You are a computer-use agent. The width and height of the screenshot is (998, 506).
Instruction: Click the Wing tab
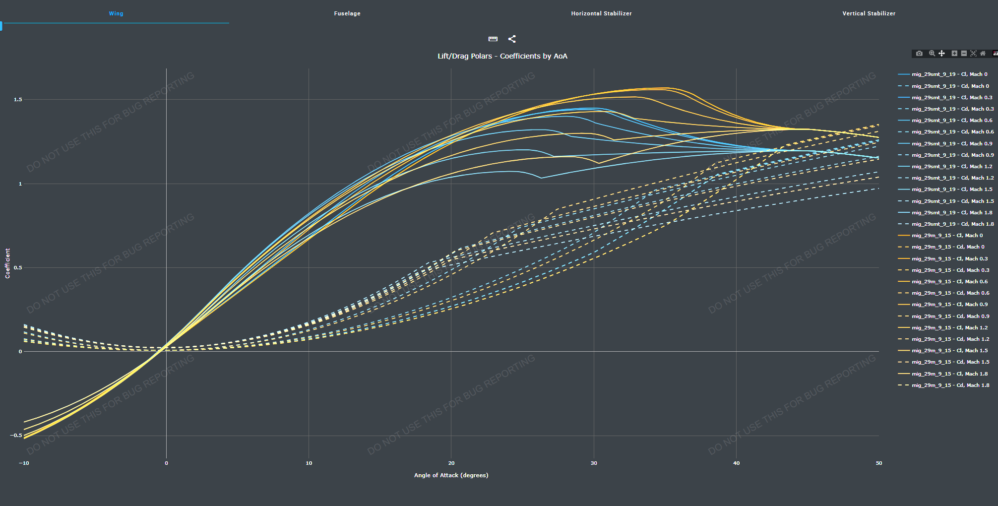pyautogui.click(x=116, y=13)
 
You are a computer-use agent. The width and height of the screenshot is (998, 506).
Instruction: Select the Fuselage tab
pyautogui.click(x=347, y=13)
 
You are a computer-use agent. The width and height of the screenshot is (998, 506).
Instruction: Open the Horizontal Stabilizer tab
pyautogui.click(x=601, y=13)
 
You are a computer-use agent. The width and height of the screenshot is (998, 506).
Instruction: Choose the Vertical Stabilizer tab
pyautogui.click(x=869, y=13)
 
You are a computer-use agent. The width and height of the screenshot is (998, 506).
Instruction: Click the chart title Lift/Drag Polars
pyautogui.click(x=502, y=56)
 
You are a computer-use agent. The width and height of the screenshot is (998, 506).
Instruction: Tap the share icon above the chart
pyautogui.click(x=512, y=39)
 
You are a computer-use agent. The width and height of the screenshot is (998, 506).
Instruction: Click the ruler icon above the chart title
pyautogui.click(x=493, y=39)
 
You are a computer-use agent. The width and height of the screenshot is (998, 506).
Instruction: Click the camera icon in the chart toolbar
pyautogui.click(x=919, y=54)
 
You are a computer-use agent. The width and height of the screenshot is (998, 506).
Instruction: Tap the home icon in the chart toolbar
pyautogui.click(x=983, y=54)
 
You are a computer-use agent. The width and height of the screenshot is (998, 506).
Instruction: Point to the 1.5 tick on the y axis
pyautogui.click(x=18, y=100)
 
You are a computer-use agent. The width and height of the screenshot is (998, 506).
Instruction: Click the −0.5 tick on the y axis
pyautogui.click(x=16, y=436)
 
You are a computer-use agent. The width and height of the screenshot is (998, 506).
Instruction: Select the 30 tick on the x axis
pyautogui.click(x=594, y=463)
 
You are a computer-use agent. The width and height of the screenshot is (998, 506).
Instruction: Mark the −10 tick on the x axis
pyautogui.click(x=24, y=463)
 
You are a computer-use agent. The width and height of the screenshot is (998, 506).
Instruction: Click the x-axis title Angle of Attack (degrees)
pyautogui.click(x=451, y=475)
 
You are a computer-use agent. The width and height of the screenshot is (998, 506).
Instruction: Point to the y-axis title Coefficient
pyautogui.click(x=7, y=263)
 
